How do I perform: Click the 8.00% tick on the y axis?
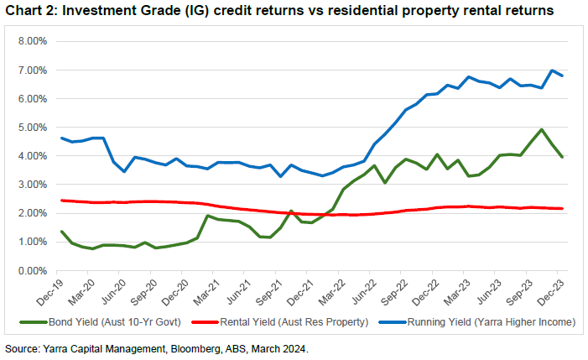[31, 41]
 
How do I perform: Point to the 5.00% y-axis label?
[31, 128]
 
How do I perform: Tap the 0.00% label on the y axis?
[31, 271]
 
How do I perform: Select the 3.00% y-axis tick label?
[31, 185]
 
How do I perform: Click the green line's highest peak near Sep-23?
[542, 129]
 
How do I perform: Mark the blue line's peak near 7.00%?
[552, 70]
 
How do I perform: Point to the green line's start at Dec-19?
[61, 232]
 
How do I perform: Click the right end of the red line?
[562, 208]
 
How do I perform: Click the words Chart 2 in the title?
[31, 12]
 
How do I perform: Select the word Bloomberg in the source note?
[182, 347]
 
